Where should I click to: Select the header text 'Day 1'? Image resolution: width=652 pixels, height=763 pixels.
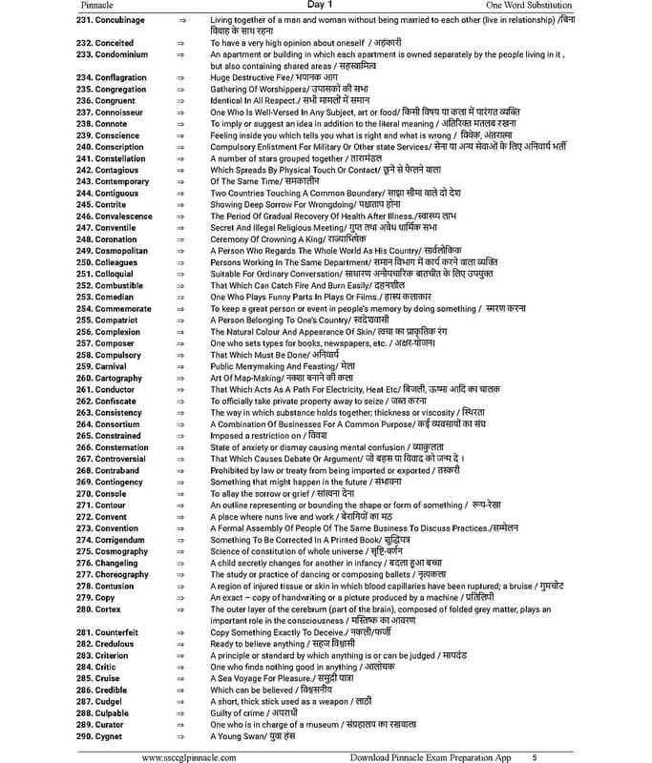pos(326,6)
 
